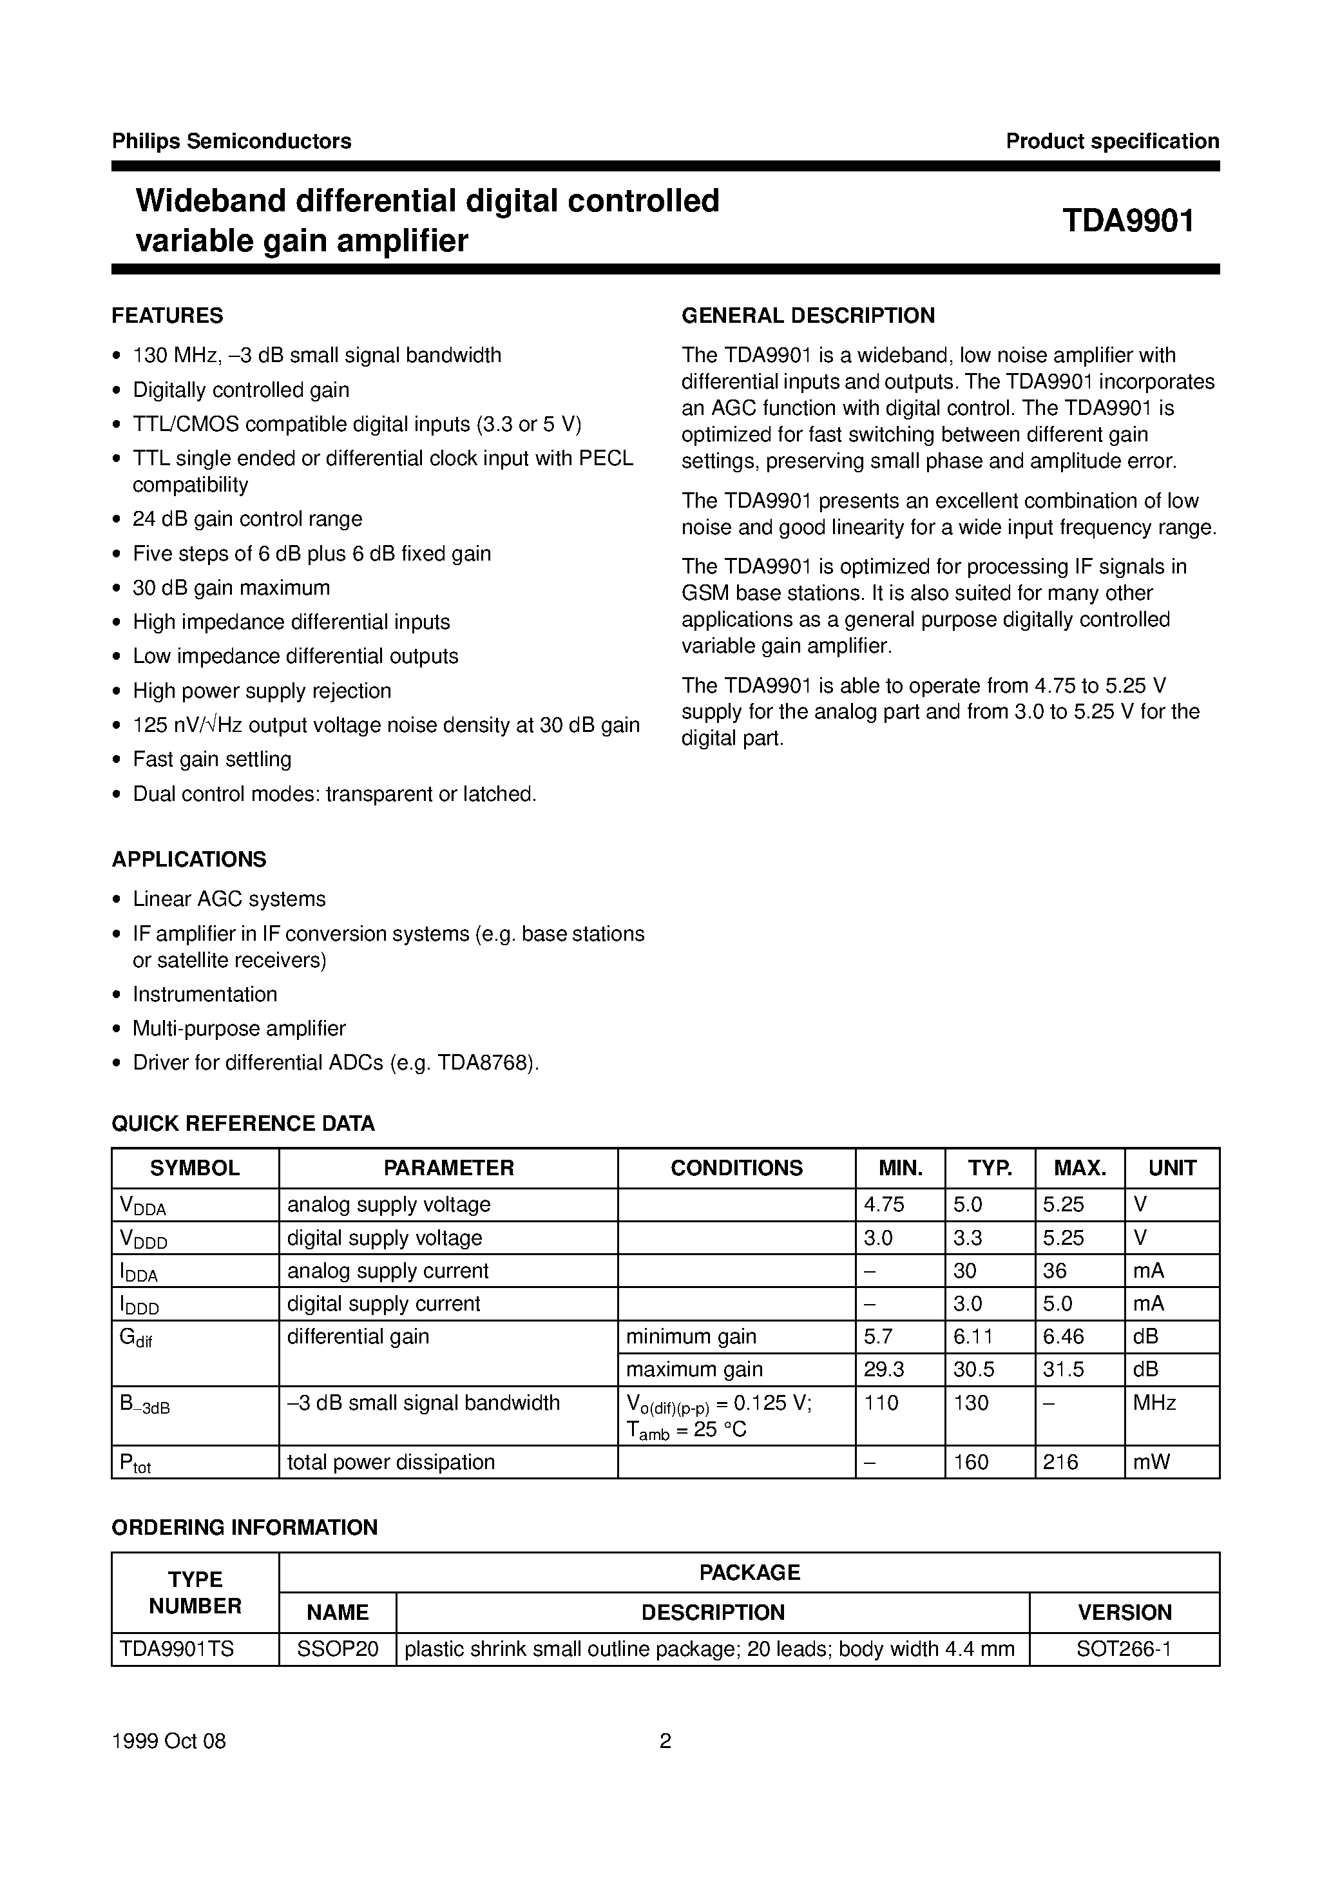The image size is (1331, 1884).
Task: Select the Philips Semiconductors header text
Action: coord(231,141)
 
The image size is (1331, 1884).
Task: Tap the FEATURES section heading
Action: coord(168,316)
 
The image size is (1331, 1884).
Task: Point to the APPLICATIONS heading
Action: coord(189,859)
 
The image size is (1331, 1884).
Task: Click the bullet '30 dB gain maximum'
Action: coord(231,588)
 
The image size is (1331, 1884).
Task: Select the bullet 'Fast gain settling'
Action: coord(212,759)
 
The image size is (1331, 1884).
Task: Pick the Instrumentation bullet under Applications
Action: coord(205,994)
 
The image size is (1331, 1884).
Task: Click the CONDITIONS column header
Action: coord(736,1168)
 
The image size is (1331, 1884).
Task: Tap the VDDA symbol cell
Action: coord(143,1205)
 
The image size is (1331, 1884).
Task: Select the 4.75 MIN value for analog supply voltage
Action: coord(884,1205)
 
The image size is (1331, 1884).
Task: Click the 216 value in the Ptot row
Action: coord(1060,1461)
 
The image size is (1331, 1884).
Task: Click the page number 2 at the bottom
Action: coord(665,1740)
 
